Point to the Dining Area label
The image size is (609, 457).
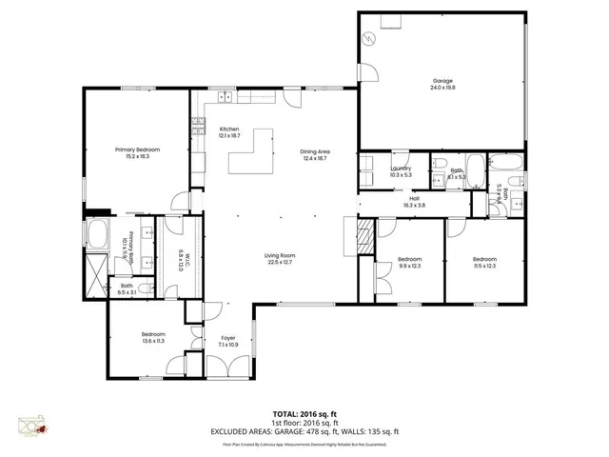(314, 154)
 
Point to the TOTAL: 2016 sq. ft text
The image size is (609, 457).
(304, 414)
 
